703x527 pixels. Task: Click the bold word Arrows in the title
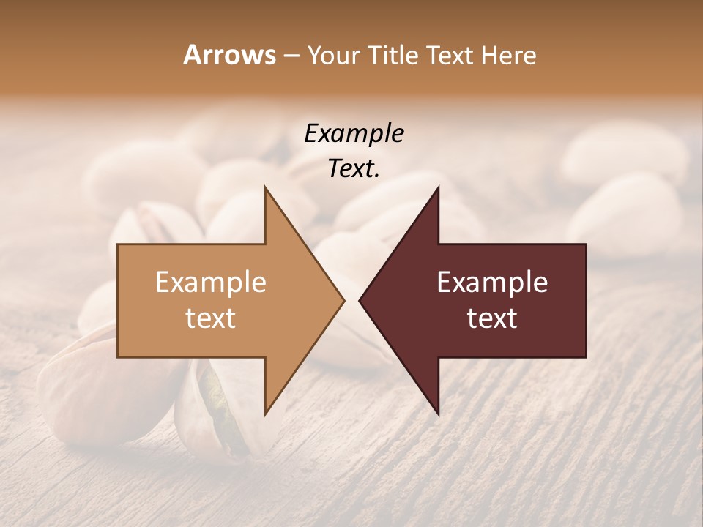[229, 55]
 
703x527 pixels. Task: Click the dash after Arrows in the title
[291, 56]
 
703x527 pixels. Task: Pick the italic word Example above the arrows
[354, 134]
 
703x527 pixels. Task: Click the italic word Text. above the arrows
[354, 169]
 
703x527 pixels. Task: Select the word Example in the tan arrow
[211, 283]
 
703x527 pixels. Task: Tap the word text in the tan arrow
[211, 318]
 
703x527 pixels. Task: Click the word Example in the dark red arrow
[492, 283]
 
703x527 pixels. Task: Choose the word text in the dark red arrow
[492, 318]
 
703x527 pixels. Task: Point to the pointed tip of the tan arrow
[343, 300]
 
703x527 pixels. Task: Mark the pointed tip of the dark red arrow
[360, 300]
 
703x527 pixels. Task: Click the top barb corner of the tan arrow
[265, 187]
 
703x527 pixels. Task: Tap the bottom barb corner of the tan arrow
[265, 414]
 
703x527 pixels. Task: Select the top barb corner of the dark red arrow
[439, 187]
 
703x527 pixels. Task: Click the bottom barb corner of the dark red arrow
[439, 414]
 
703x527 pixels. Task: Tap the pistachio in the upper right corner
[626, 157]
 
